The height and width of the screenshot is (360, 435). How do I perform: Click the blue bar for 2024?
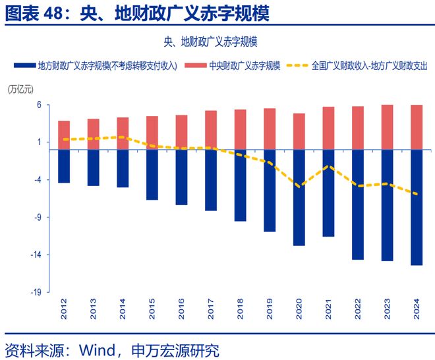point(417,207)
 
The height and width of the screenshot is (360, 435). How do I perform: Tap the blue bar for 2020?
point(299,197)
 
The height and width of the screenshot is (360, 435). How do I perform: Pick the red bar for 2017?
point(211,130)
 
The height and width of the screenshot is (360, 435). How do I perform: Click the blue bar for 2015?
point(152,174)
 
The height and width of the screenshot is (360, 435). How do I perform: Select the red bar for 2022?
point(358,128)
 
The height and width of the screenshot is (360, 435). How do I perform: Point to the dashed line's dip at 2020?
point(299,187)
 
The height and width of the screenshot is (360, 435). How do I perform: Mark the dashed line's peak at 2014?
point(123,137)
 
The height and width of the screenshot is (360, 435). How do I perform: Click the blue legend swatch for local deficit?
point(24,66)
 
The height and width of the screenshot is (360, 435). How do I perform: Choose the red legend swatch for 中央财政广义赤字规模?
point(196,66)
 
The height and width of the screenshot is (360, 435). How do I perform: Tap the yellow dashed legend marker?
point(298,66)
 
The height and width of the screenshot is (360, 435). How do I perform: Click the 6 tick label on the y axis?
point(39,105)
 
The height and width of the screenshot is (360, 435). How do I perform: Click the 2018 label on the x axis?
point(241,311)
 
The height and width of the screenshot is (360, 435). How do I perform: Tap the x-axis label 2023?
point(388,311)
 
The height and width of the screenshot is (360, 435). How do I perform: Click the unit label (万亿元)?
point(20,89)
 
